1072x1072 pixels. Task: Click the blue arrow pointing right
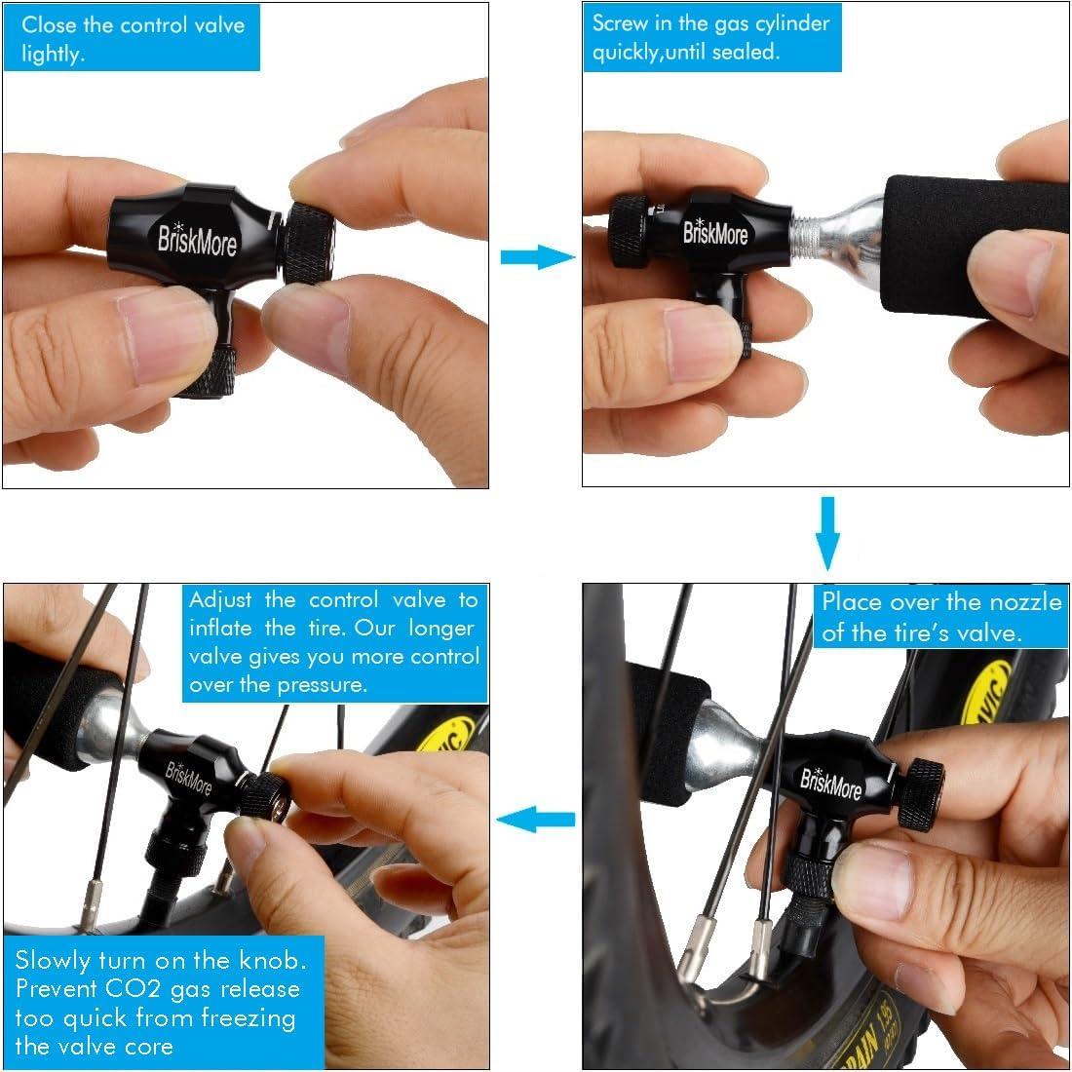click(x=536, y=257)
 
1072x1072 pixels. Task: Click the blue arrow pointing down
click(x=827, y=533)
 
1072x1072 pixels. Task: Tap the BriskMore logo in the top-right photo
click(x=715, y=233)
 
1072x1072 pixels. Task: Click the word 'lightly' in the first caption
click(x=52, y=54)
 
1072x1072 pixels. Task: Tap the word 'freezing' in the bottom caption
click(x=245, y=1017)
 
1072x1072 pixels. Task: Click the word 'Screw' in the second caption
click(x=620, y=23)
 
